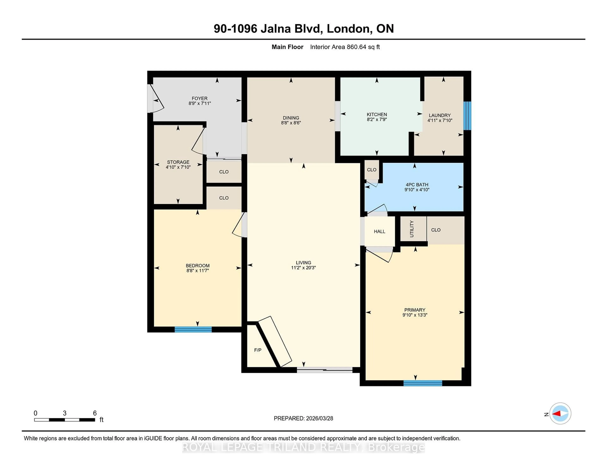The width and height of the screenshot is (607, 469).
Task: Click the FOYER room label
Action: (199, 98)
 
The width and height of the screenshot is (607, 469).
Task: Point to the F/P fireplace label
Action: (258, 350)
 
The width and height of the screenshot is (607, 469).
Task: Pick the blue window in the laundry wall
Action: (467, 116)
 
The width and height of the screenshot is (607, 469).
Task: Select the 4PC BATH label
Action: (417, 185)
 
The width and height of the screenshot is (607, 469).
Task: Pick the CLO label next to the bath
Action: (372, 170)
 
